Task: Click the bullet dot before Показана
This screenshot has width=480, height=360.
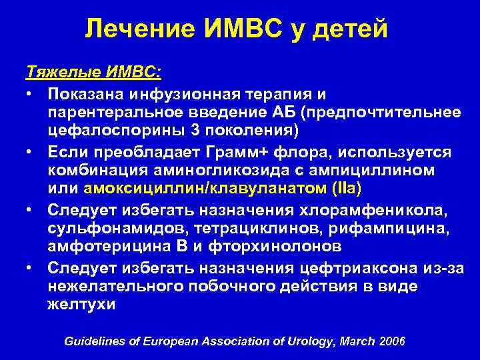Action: click(31, 93)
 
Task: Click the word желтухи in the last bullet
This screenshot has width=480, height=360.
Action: click(81, 305)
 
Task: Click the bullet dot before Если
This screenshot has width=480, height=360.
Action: click(31, 153)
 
